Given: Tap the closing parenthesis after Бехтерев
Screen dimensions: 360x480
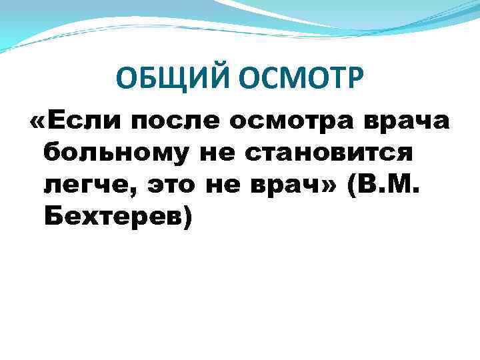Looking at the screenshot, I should (187, 220).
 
